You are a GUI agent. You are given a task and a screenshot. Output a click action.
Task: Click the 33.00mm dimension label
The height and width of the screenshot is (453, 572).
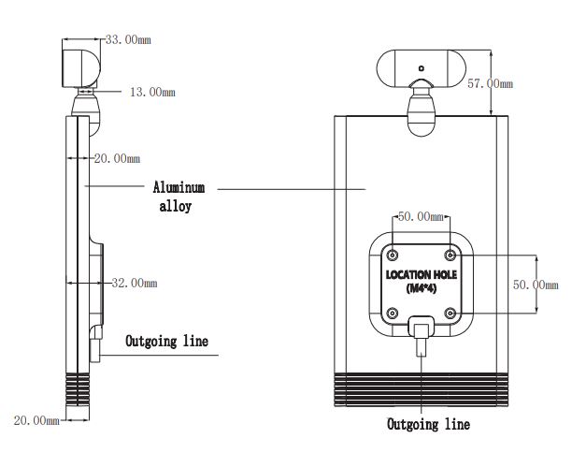point(126,40)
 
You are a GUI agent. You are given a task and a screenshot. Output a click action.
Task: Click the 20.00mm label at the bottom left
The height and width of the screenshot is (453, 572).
point(36,421)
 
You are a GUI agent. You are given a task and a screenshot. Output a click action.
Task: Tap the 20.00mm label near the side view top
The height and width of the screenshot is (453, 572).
point(116,158)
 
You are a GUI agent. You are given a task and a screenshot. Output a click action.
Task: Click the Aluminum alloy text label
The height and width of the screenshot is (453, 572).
point(175,197)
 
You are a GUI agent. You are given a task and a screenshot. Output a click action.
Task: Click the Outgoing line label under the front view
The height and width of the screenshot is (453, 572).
point(429,424)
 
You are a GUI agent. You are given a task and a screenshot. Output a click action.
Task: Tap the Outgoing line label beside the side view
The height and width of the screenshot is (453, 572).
point(167,341)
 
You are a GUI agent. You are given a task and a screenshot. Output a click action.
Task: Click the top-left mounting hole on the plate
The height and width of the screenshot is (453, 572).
point(393,255)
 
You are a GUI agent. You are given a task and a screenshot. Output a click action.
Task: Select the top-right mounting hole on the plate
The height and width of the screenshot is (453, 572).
point(450,255)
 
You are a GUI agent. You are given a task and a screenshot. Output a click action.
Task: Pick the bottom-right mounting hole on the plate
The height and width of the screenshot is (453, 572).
point(450,312)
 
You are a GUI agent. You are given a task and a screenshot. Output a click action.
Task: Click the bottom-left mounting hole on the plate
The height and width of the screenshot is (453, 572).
point(393,312)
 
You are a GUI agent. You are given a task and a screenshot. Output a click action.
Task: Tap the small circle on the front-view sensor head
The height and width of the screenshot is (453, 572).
point(422,67)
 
